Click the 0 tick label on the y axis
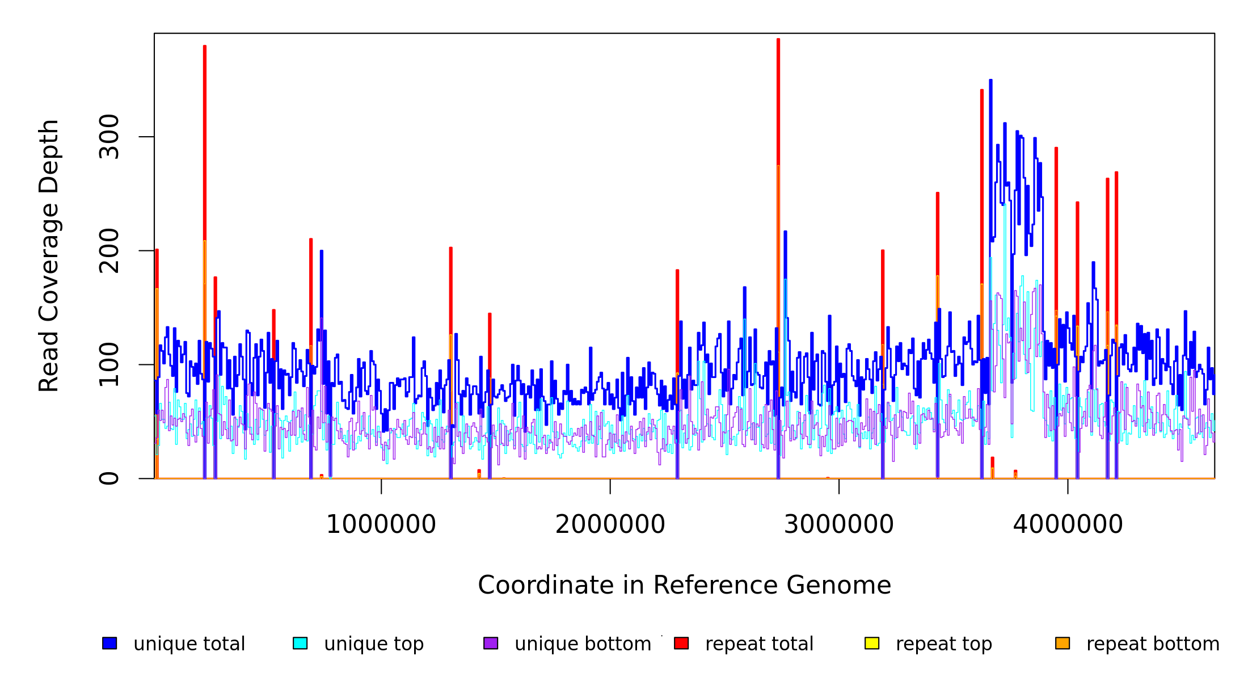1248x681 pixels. (109, 478)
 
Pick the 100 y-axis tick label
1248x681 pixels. (109, 364)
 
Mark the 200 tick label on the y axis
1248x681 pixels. (109, 250)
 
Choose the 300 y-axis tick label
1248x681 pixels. (109, 136)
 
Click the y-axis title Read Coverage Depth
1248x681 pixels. (49, 255)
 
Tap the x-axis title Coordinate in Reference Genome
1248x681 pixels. (684, 586)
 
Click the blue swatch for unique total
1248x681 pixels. (109, 643)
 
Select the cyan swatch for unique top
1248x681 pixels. (300, 643)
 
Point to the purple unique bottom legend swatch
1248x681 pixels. (491, 643)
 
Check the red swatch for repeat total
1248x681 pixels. (681, 643)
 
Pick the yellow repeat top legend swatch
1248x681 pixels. (872, 643)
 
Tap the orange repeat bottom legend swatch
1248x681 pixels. (1063, 643)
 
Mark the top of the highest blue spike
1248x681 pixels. (990, 81)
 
